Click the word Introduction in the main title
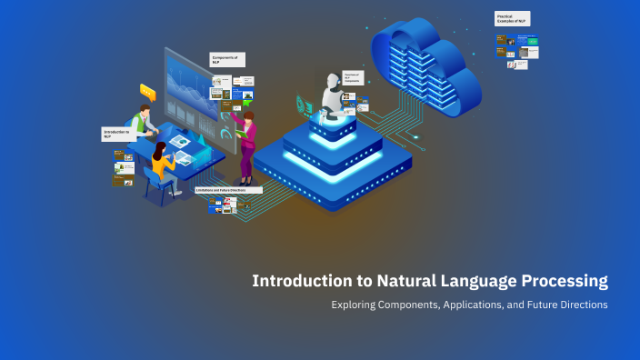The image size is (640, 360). coord(297,282)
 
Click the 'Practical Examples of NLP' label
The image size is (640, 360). coord(514,18)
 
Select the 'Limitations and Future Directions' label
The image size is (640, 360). coord(228,190)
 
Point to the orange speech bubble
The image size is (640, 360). coord(147,91)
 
